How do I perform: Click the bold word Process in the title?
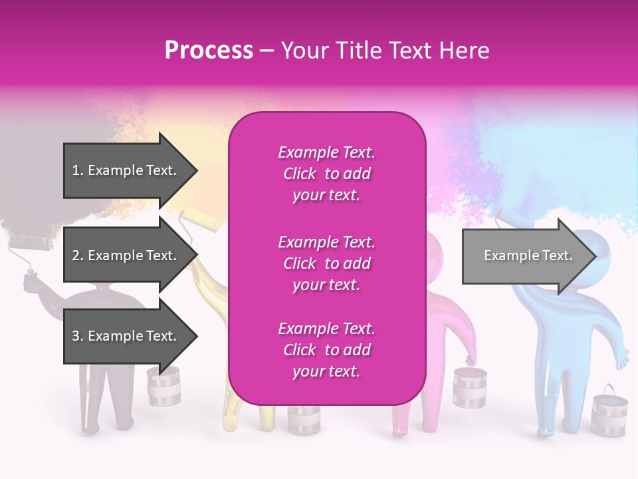click(209, 51)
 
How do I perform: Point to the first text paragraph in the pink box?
click(326, 174)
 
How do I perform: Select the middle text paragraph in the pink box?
click(326, 263)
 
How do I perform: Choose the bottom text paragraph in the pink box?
click(326, 350)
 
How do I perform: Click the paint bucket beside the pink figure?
click(469, 387)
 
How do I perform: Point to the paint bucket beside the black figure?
click(163, 386)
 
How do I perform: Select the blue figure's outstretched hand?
click(623, 358)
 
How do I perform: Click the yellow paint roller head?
click(200, 220)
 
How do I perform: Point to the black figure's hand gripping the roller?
click(31, 283)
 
